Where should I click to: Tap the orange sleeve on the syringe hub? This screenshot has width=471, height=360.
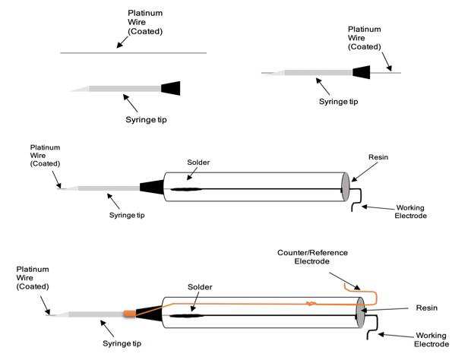(129, 312)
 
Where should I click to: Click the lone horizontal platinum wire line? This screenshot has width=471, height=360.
(133, 52)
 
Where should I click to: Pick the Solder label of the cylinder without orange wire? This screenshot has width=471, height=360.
(200, 163)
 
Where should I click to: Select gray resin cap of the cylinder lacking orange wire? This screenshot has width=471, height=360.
(346, 188)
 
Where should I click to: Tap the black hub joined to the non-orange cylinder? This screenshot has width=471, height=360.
(151, 187)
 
